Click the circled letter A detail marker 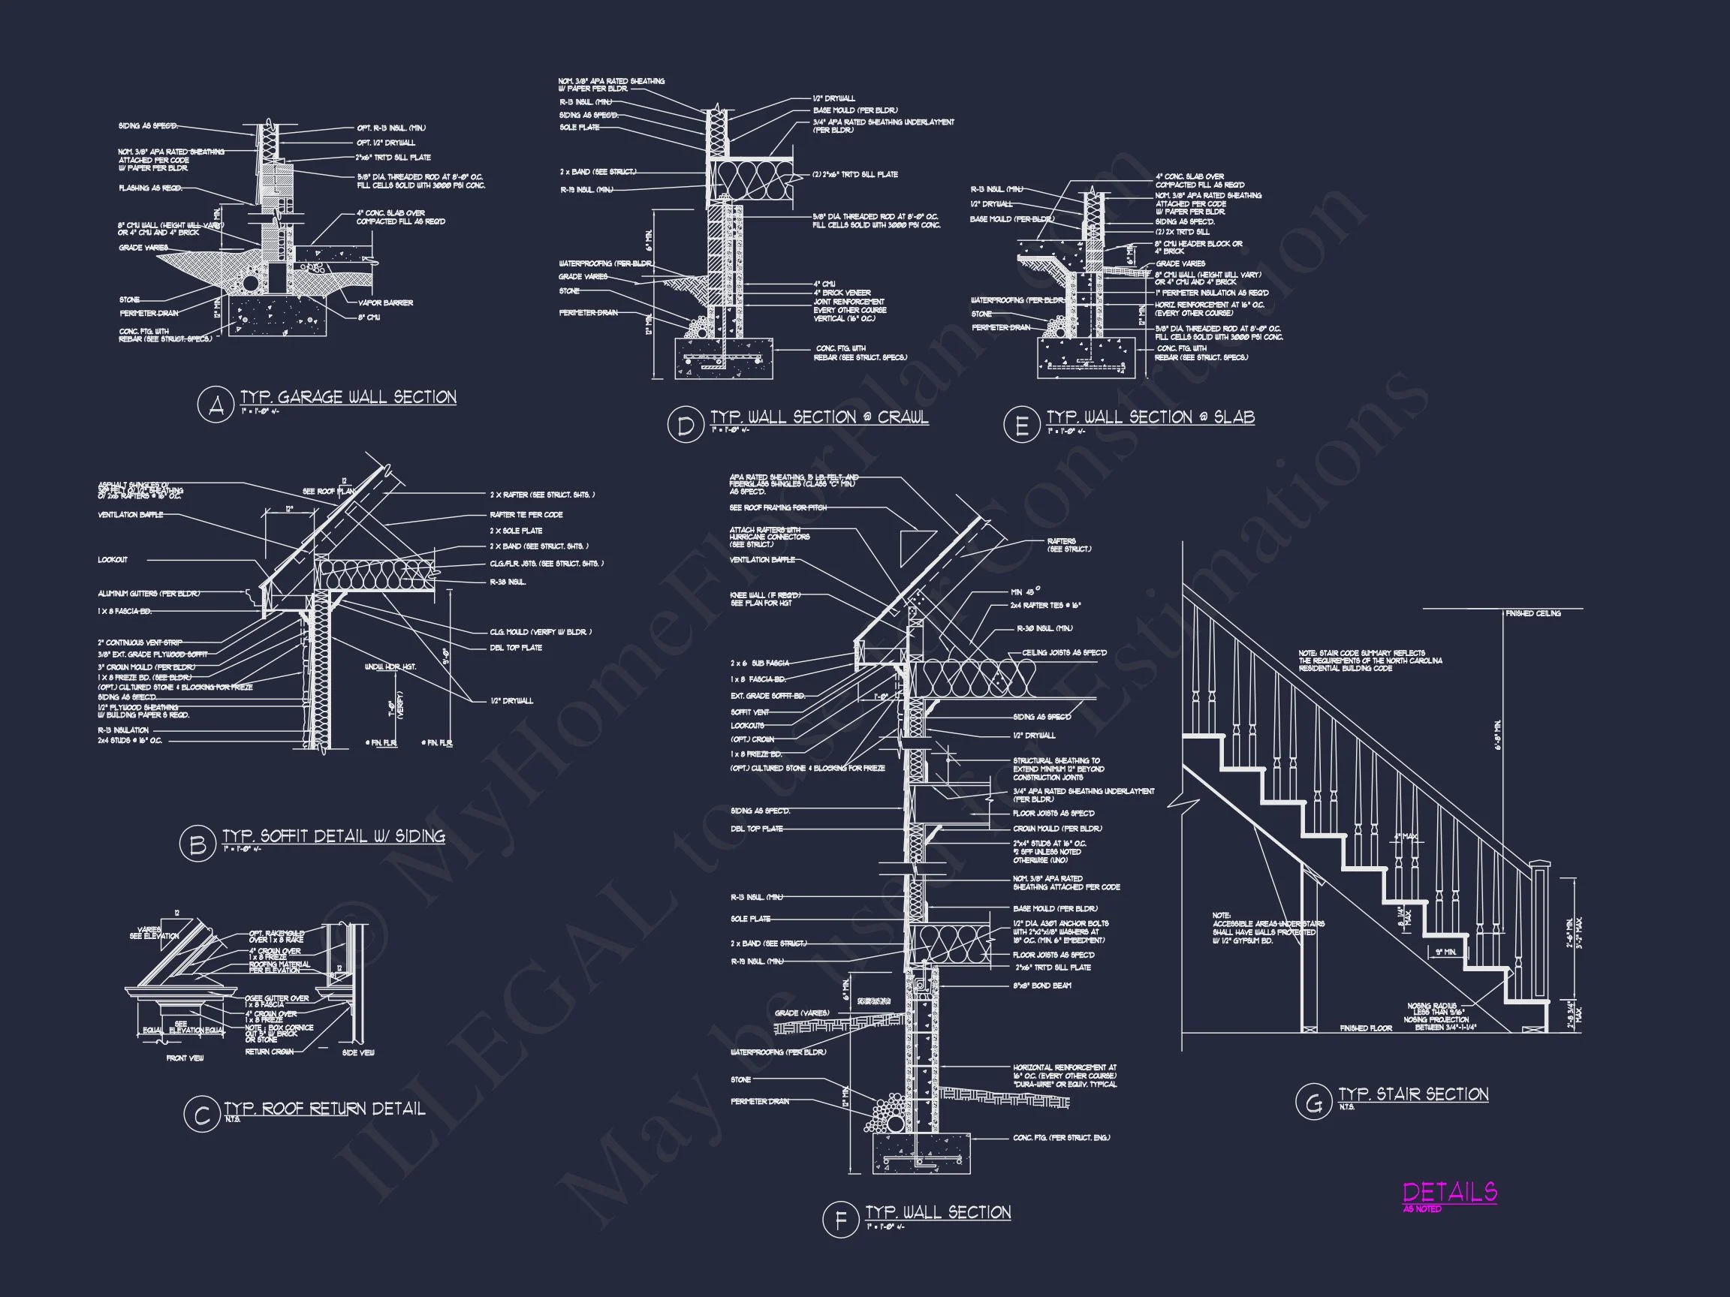click(215, 405)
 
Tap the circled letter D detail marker click(685, 425)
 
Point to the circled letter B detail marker click(198, 844)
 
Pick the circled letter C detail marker click(202, 1115)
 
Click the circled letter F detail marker click(841, 1220)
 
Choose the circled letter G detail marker click(1313, 1103)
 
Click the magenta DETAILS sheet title click(1449, 1192)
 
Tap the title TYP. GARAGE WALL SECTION click(348, 397)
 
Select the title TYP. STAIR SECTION click(1413, 1094)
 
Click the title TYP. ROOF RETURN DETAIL click(324, 1109)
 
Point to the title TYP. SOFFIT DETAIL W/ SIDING click(334, 835)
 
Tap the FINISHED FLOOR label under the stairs click(1365, 1028)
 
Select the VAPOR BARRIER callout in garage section click(386, 302)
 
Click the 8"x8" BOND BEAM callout click(1041, 985)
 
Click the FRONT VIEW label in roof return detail click(185, 1058)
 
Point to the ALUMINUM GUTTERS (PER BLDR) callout click(149, 594)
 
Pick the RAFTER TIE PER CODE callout click(526, 514)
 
